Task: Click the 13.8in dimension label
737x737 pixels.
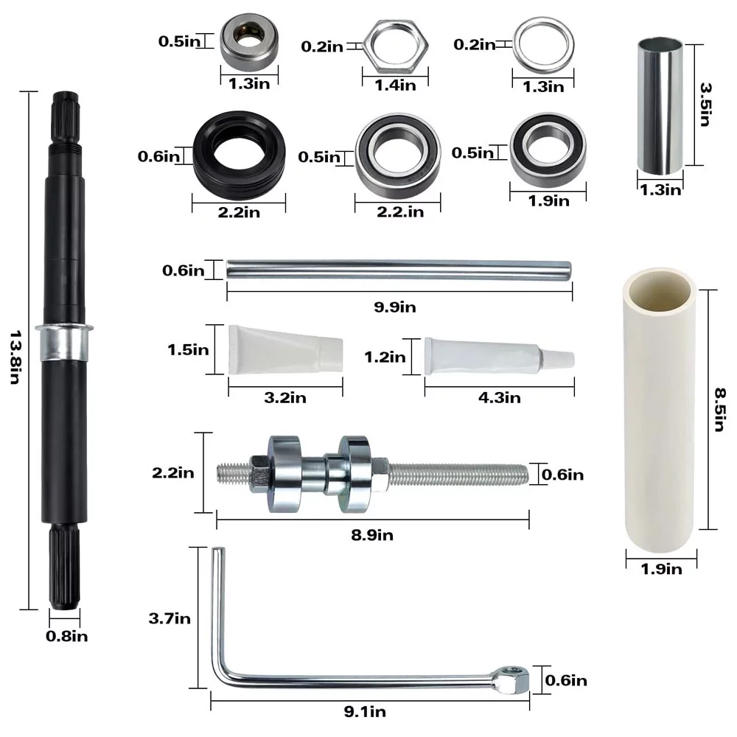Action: (15, 357)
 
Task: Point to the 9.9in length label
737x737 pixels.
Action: (395, 307)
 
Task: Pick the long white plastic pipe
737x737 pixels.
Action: (660, 409)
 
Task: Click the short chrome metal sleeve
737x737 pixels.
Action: (660, 106)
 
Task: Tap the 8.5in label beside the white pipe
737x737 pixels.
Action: (719, 409)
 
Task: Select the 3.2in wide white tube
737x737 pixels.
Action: (285, 349)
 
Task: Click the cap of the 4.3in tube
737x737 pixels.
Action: (559, 359)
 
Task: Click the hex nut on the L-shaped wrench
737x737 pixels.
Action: (511, 680)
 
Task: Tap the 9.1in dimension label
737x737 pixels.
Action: (366, 712)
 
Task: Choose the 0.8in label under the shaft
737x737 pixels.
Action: (67, 637)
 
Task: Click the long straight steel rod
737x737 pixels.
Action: (399, 270)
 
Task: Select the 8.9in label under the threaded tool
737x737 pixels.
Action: (372, 535)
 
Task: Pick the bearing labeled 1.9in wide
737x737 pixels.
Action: (548, 150)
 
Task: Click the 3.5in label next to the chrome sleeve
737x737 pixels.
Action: (705, 105)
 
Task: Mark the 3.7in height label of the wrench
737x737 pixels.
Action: (170, 618)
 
